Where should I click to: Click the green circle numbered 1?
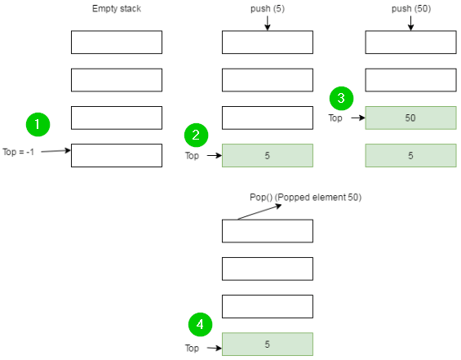tap(38, 125)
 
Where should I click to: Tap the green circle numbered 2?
tap(196, 135)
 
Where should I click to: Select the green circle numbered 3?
tap(340, 98)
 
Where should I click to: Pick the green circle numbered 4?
tap(201, 324)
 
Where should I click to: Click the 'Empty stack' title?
tap(117, 10)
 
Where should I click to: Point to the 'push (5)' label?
tap(268, 10)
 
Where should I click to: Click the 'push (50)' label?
tap(410, 10)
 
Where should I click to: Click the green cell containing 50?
tap(410, 118)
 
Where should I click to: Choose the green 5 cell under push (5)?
tap(268, 155)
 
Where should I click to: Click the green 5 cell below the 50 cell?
tap(410, 155)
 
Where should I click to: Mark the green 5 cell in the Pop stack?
tap(268, 344)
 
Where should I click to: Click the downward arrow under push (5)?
tap(268, 24)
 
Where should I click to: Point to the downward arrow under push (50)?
tap(410, 24)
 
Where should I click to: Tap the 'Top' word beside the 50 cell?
tap(335, 118)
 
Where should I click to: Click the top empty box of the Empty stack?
tap(117, 42)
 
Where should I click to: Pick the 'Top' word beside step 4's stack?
tap(193, 349)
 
